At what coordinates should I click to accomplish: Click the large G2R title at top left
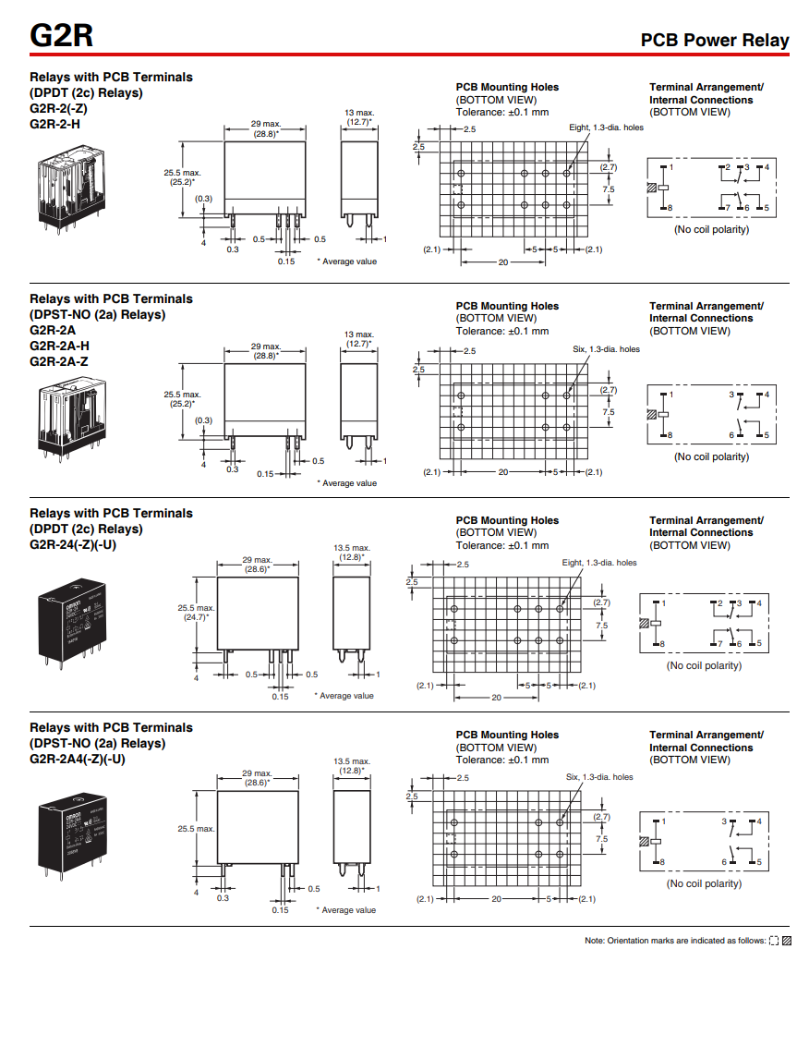click(x=61, y=37)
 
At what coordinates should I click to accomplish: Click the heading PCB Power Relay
click(x=715, y=40)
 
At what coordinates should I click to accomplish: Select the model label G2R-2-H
click(x=55, y=124)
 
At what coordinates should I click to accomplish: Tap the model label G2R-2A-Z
click(x=59, y=361)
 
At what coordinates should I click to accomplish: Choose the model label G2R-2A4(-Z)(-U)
click(x=78, y=759)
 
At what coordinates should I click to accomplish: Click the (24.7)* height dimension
click(x=196, y=617)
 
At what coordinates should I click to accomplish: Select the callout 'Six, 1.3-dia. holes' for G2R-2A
click(x=606, y=349)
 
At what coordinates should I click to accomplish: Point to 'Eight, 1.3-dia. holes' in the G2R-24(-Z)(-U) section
click(x=598, y=563)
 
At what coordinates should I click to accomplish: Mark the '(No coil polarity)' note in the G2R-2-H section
click(x=710, y=229)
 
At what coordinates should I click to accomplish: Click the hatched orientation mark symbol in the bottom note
click(x=787, y=941)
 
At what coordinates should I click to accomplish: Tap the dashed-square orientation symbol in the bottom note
click(x=774, y=941)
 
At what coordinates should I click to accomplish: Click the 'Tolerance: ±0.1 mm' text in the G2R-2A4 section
click(x=501, y=760)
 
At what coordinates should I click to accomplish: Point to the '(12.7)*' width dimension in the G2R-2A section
click(x=358, y=344)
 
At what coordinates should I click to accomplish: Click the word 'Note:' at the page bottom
click(x=595, y=941)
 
